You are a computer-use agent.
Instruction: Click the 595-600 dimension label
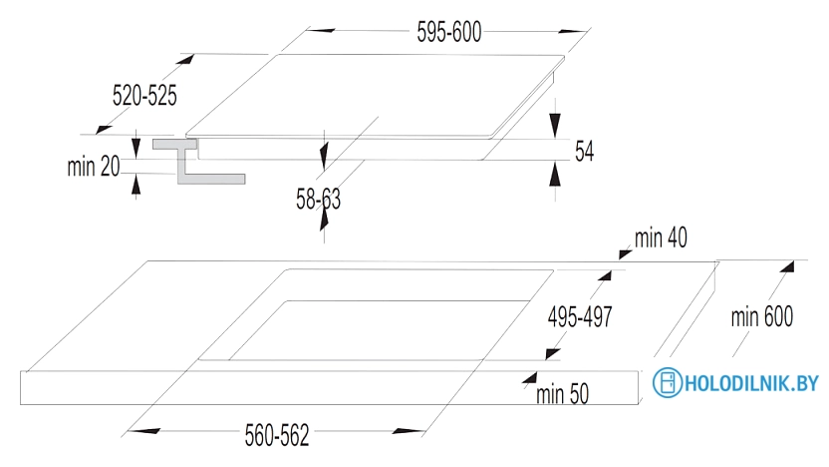(448, 32)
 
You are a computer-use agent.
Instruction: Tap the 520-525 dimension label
(144, 96)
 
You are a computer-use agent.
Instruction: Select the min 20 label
(94, 167)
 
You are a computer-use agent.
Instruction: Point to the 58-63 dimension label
(318, 200)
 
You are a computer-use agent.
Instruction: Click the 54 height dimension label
(585, 152)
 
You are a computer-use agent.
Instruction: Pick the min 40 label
(661, 237)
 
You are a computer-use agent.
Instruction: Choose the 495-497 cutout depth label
(580, 316)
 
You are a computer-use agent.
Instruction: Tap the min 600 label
(762, 317)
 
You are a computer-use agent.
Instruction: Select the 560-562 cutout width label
(277, 436)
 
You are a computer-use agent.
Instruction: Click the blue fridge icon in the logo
(666, 382)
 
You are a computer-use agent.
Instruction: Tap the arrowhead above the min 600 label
(788, 265)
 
